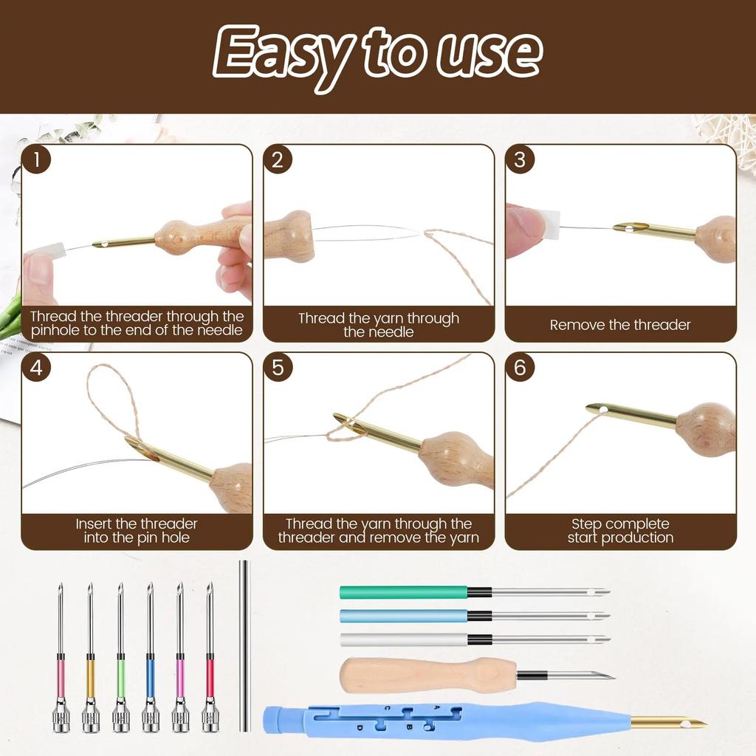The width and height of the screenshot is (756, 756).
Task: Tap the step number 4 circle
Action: [36, 368]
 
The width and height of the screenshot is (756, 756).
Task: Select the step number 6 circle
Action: [520, 368]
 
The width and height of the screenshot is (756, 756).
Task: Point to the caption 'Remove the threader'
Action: [620, 325]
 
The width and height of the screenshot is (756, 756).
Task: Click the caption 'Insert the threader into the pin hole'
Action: [137, 531]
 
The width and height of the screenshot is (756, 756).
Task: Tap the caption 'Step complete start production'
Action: [620, 531]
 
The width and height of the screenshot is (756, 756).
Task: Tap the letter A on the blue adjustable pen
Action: [436, 707]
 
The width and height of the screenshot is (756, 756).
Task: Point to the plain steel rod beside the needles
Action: [244, 646]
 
